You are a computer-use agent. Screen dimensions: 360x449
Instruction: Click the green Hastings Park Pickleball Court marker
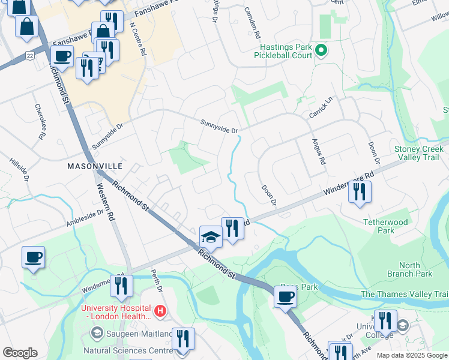click(x=321, y=52)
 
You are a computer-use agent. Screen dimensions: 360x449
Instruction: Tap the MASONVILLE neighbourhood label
click(x=95, y=166)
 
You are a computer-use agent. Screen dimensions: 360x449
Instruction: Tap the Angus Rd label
click(x=318, y=152)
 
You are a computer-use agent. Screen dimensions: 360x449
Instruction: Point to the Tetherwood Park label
click(x=385, y=226)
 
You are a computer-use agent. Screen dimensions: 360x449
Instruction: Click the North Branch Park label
click(x=415, y=269)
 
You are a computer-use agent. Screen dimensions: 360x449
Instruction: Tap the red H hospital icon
click(x=160, y=311)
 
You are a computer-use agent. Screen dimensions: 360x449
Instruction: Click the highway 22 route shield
click(x=29, y=55)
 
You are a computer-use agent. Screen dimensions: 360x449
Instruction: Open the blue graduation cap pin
click(x=210, y=236)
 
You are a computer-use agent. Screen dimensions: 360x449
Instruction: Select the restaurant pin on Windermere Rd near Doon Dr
click(x=360, y=192)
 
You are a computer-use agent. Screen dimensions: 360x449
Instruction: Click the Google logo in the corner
click(x=20, y=353)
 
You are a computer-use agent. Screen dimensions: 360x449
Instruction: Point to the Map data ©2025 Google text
click(x=411, y=355)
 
